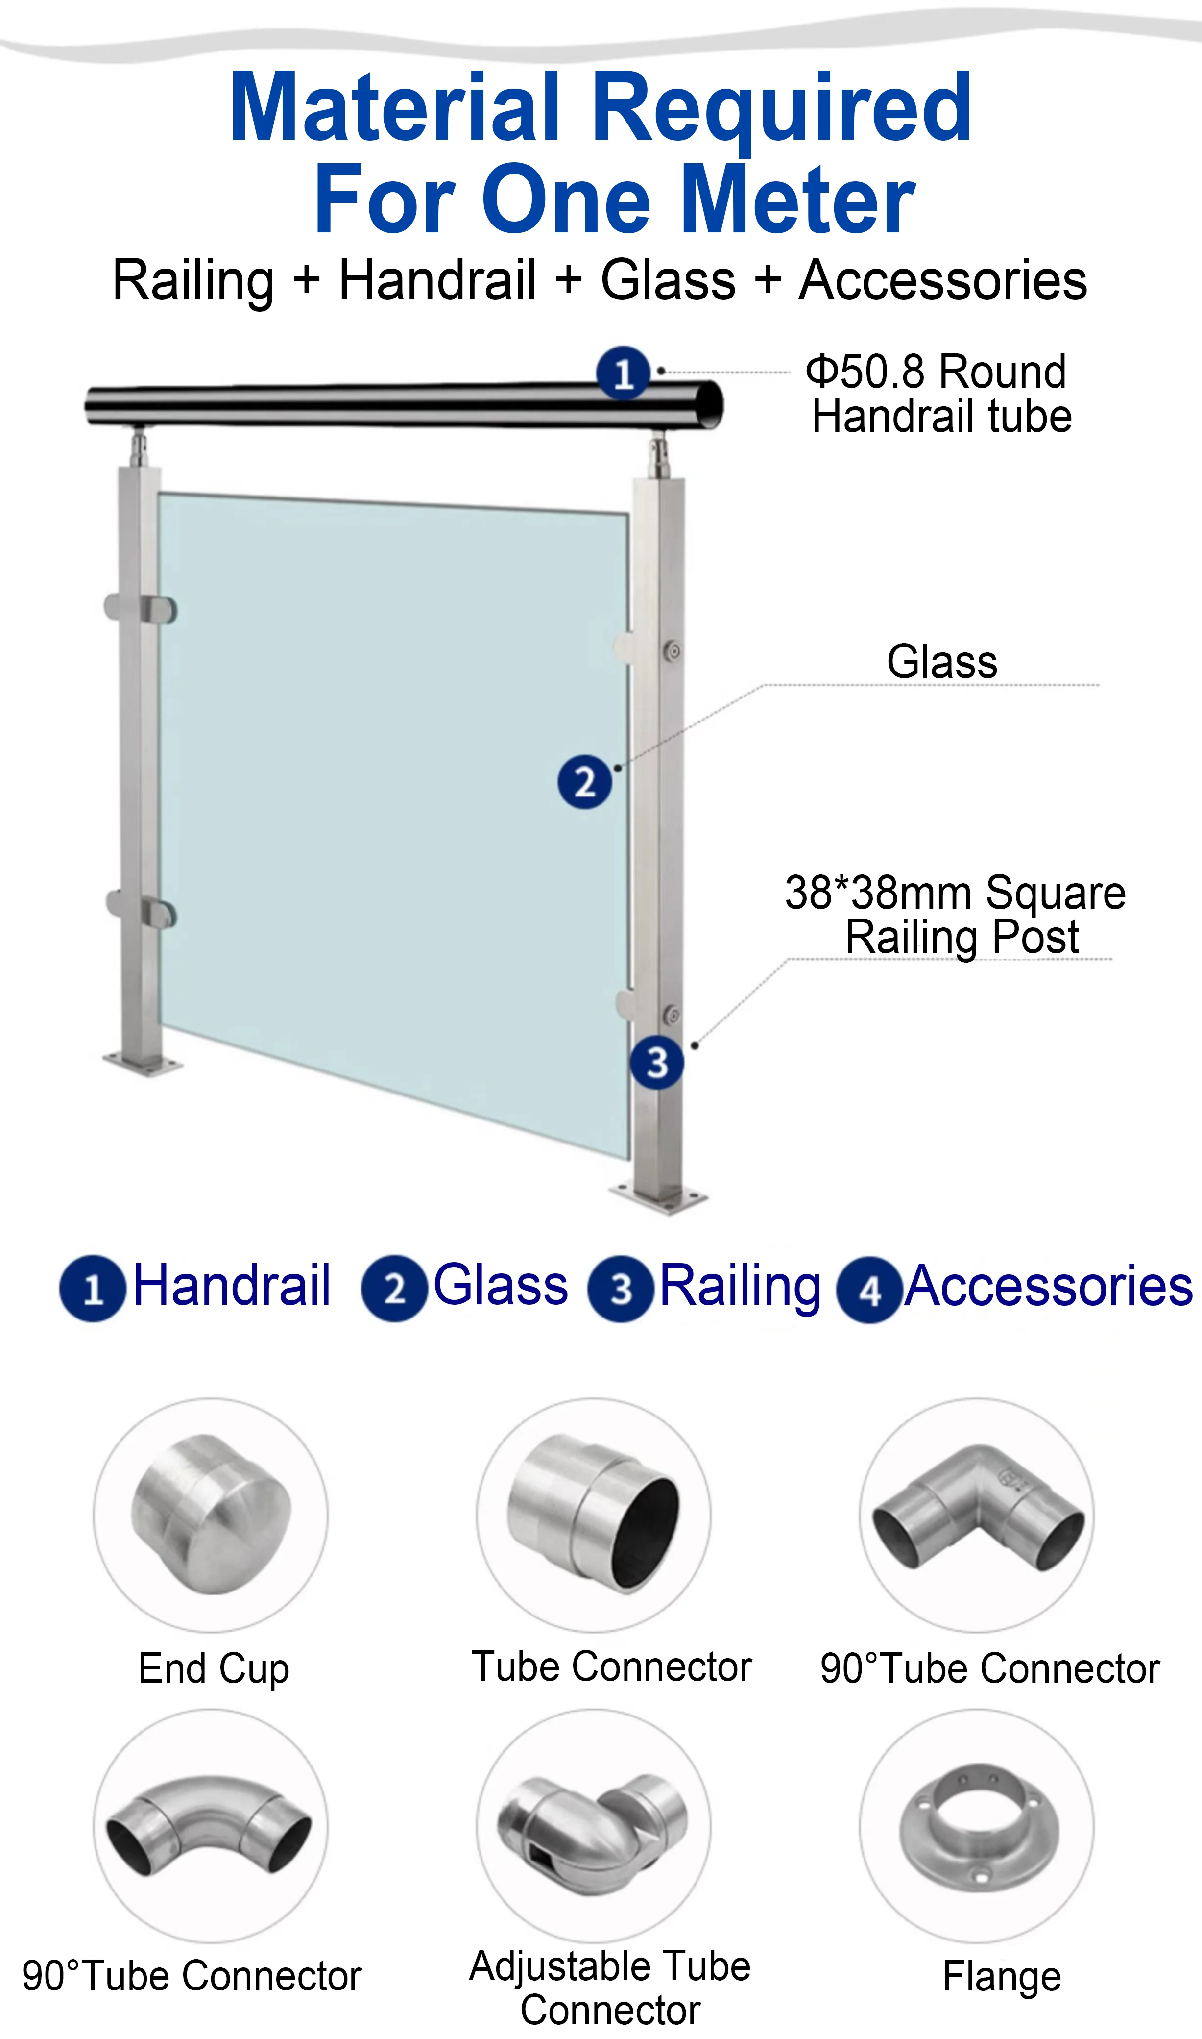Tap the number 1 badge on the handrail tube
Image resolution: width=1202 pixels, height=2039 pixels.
coord(623,373)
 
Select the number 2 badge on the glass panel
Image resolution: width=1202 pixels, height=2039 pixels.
coord(584,782)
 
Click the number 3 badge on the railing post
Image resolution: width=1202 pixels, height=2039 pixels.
coord(657,1063)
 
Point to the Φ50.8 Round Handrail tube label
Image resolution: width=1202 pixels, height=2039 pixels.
coord(939,394)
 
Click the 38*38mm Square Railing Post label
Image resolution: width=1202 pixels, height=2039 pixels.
coord(956,915)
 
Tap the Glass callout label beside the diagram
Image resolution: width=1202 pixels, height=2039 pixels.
coord(942,662)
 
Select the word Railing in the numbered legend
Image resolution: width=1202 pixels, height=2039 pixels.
coord(740,1289)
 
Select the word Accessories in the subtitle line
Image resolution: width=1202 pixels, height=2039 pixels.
coord(943,280)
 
